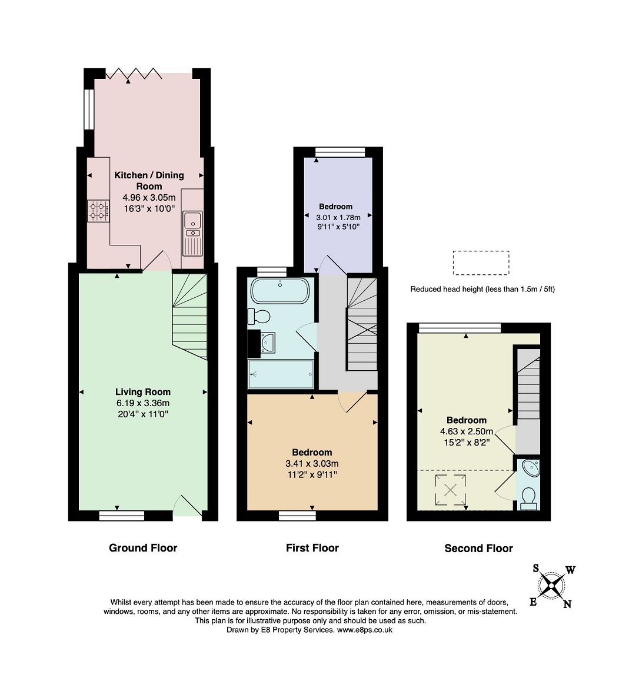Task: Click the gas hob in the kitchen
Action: [x=98, y=211]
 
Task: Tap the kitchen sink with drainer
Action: [x=192, y=233]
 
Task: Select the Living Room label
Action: [x=143, y=392]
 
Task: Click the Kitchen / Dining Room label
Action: [x=149, y=181]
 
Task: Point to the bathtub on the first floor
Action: [x=281, y=291]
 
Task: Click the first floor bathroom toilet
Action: [x=259, y=316]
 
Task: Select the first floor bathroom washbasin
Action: [x=267, y=343]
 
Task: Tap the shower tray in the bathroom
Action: [x=281, y=374]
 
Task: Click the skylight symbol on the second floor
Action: [x=451, y=490]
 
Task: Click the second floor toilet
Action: [x=529, y=499]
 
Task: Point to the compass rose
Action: [x=552, y=586]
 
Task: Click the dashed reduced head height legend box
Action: [x=481, y=263]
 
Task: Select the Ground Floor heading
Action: [x=143, y=547]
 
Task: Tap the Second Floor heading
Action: [x=478, y=548]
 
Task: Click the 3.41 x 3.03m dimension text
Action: [x=312, y=463]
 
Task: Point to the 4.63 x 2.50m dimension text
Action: [x=467, y=431]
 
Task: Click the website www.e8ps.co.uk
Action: [x=365, y=629]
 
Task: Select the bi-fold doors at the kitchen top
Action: [x=134, y=74]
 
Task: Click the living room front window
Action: [x=122, y=516]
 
